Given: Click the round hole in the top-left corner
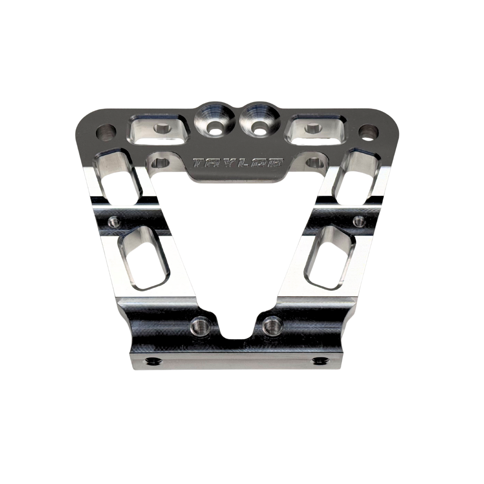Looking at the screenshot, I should click(106, 132).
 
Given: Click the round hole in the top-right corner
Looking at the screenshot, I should click(370, 132).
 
